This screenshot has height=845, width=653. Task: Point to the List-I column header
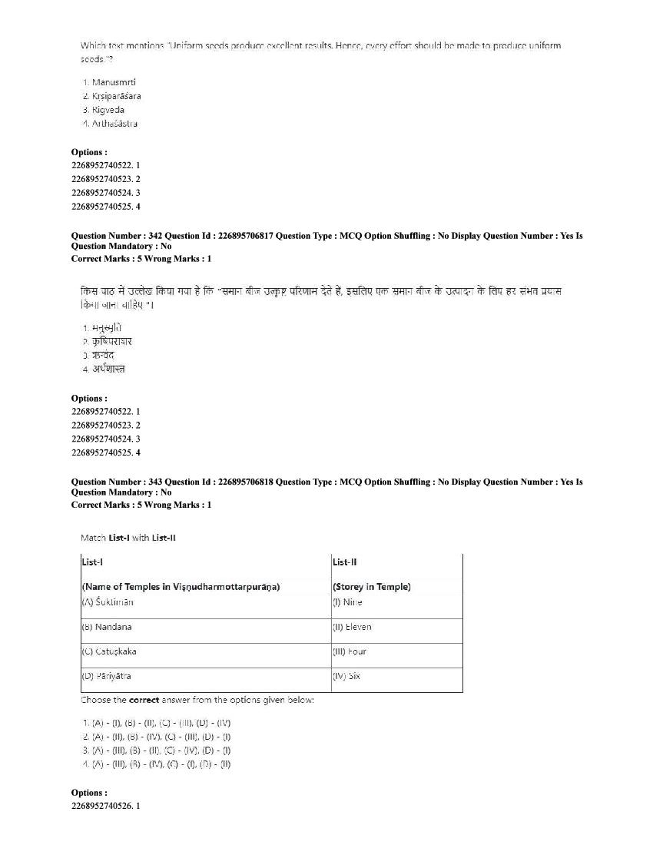coord(91,562)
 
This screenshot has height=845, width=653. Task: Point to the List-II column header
coord(344,562)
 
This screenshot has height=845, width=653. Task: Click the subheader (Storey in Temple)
coord(372,587)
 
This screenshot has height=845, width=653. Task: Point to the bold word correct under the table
coord(144,700)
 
